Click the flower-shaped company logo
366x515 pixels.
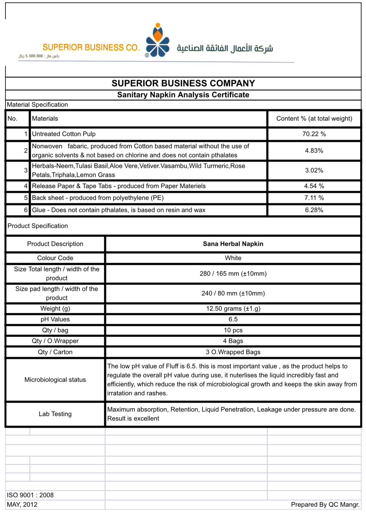pos(158,42)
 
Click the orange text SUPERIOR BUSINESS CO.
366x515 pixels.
pos(91,48)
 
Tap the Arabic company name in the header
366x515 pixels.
pos(225,48)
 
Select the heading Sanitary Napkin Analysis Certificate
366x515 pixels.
pos(183,95)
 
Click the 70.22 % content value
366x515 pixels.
pos(314,134)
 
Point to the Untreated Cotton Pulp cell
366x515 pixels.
pos(64,134)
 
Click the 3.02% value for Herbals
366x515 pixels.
pos(314,170)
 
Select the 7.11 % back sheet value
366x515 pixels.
pos(314,198)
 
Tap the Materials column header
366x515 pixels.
pos(45,118)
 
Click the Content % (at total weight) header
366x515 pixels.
pos(314,118)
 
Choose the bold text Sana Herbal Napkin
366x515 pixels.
pos(233,244)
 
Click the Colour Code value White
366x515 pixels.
pos(233,258)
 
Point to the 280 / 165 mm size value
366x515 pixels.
pos(233,274)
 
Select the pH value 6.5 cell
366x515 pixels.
pos(233,319)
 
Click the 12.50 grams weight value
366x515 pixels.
pos(233,308)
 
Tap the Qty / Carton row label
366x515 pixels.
pos(55,352)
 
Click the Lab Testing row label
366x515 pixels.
pos(55,414)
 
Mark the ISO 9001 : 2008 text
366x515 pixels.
pos(30,495)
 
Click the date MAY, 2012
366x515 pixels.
pos(22,504)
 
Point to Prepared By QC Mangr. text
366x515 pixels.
pos(325,504)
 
